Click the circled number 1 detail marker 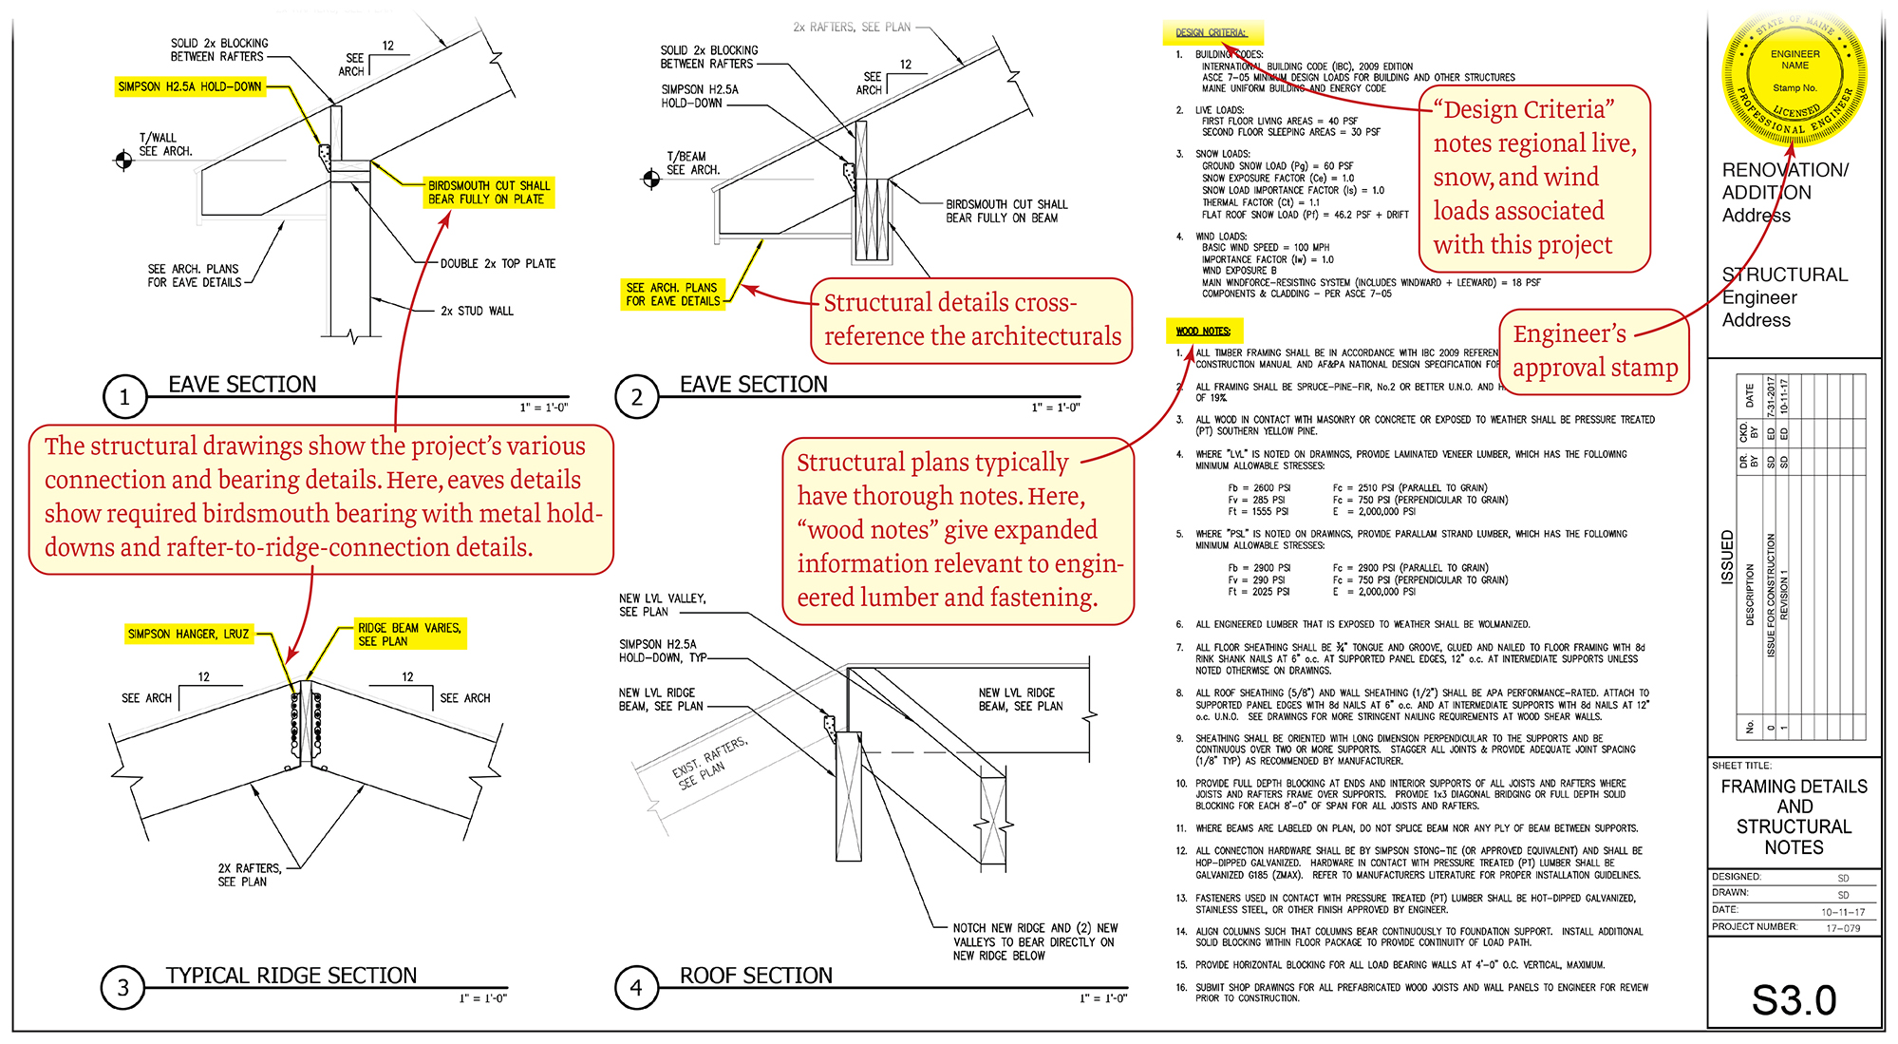point(124,397)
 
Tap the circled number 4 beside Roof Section point(636,988)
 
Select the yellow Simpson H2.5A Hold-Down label point(190,86)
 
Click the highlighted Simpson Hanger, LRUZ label point(189,634)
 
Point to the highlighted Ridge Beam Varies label point(409,635)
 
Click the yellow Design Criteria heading point(1211,32)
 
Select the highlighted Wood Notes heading point(1203,331)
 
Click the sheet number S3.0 point(1793,999)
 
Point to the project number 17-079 point(1843,928)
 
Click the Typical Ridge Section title point(291,976)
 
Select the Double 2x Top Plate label point(498,264)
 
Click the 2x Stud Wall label point(477,311)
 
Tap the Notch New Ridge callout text point(1035,941)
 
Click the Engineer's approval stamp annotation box point(1594,351)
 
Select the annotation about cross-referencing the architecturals point(971,320)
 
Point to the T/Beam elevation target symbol point(651,179)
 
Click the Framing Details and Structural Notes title point(1794,816)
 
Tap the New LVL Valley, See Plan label point(662,605)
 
